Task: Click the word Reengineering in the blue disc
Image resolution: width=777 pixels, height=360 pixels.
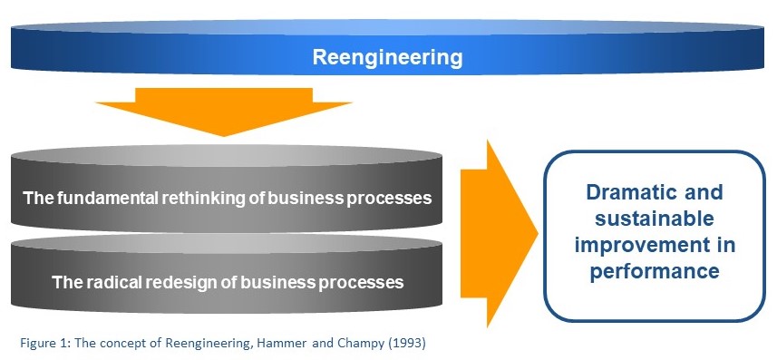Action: [387, 58]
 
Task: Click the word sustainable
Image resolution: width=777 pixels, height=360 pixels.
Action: [655, 219]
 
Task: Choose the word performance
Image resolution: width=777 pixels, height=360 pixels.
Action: [655, 271]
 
